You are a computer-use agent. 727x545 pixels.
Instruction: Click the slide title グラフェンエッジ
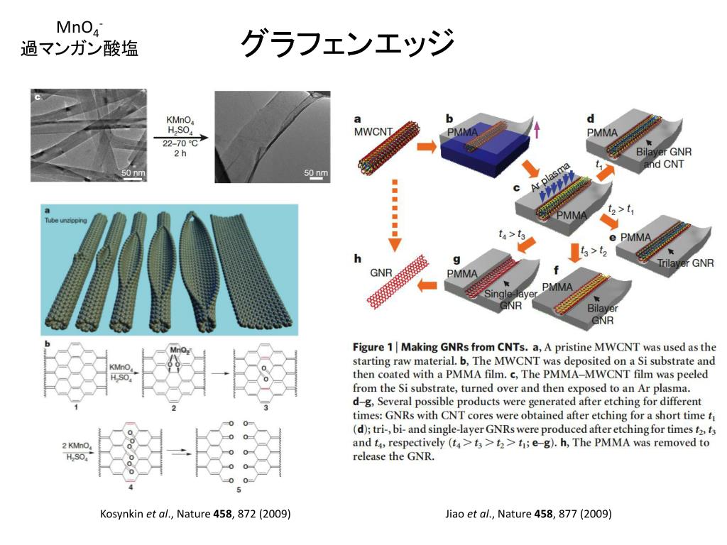point(347,43)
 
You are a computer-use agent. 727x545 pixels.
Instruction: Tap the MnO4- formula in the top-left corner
point(80,28)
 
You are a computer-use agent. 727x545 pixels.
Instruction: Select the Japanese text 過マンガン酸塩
point(80,49)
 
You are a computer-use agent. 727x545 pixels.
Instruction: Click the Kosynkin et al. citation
point(195,513)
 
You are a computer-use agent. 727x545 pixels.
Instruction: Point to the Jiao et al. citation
point(528,513)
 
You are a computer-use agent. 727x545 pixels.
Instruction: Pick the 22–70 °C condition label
point(180,143)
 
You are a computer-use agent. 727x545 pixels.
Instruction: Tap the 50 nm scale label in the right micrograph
point(316,172)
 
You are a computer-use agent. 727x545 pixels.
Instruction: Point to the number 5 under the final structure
point(238,490)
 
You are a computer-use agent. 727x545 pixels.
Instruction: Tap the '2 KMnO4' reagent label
point(79,445)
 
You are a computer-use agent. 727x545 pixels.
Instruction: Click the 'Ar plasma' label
point(550,177)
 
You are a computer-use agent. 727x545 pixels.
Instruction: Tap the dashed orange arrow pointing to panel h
point(394,214)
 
